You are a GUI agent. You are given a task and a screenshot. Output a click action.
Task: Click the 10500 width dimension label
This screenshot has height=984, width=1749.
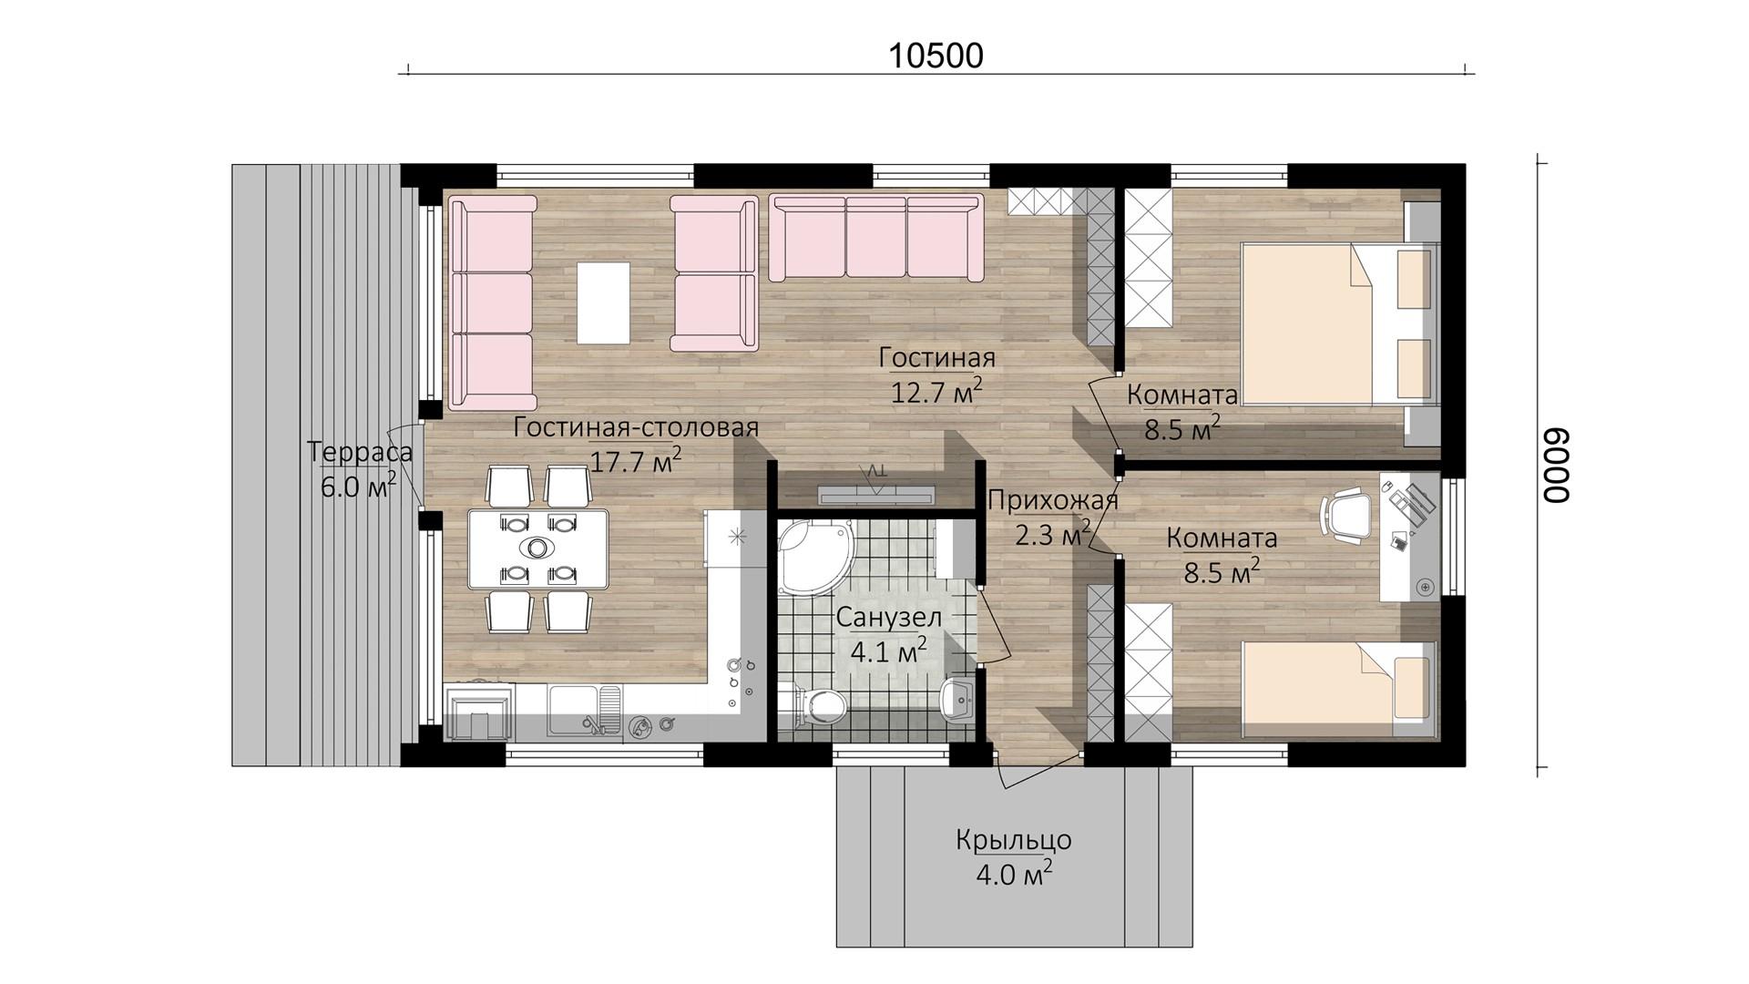click(936, 56)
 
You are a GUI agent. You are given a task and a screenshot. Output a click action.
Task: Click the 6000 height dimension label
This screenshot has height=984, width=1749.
click(1556, 465)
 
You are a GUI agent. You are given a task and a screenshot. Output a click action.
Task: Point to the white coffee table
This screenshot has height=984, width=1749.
click(603, 302)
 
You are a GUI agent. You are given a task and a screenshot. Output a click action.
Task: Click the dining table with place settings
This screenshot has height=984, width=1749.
click(537, 548)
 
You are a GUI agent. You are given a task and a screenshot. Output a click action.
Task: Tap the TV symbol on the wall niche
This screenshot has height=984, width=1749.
click(875, 487)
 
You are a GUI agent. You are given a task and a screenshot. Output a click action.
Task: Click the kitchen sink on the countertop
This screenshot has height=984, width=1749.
click(584, 710)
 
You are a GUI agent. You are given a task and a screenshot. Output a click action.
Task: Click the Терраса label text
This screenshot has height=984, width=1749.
click(360, 452)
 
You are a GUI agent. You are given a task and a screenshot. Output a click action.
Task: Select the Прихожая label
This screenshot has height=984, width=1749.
click(1052, 500)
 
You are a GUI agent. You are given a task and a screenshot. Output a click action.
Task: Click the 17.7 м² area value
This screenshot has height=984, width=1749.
click(635, 459)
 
